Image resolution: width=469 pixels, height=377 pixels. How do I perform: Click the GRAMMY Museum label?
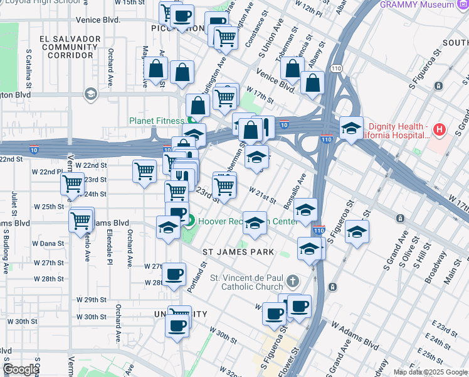click(x=426, y=4)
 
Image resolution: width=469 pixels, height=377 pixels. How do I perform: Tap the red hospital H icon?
click(x=440, y=131)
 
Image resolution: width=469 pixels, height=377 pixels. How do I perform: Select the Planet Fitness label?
click(x=157, y=121)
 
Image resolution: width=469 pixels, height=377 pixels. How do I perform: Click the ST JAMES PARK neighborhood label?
click(x=239, y=252)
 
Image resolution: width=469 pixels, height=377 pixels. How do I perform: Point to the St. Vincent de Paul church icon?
click(x=293, y=280)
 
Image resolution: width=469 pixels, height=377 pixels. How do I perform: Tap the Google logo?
click(x=20, y=369)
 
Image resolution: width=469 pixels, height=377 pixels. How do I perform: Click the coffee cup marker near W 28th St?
click(x=174, y=274)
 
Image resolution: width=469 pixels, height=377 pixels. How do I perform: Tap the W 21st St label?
click(x=262, y=195)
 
